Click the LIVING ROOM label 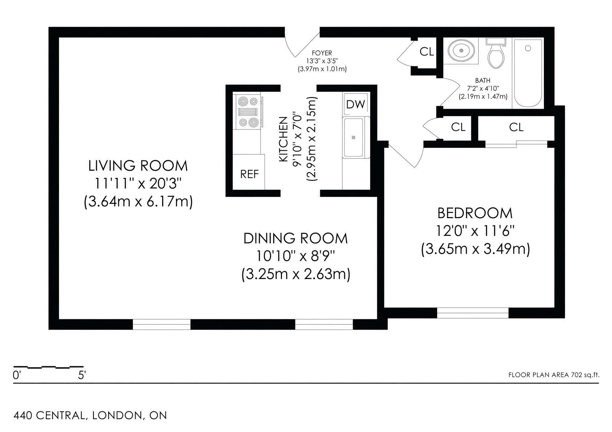(x=138, y=166)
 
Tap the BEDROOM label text (x=475, y=213)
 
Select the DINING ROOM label (x=296, y=239)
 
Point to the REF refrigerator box (x=249, y=172)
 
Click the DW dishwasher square (x=356, y=104)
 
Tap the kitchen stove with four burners (x=248, y=112)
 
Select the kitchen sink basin (x=353, y=137)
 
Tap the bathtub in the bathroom (x=528, y=73)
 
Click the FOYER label (x=322, y=53)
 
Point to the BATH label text (x=483, y=81)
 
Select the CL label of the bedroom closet (x=516, y=127)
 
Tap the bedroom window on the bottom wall (x=473, y=313)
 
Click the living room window (x=161, y=324)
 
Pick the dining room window (x=324, y=324)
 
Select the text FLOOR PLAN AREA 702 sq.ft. (x=554, y=375)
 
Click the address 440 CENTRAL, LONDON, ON (x=90, y=416)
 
